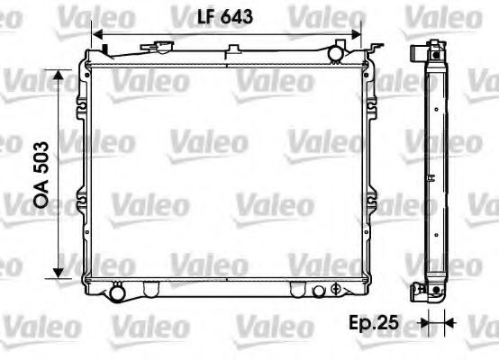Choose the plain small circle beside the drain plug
(317, 290)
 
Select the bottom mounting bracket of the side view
(419, 291)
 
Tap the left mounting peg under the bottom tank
(149, 290)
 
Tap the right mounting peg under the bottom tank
(297, 290)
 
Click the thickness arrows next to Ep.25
(437, 321)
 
